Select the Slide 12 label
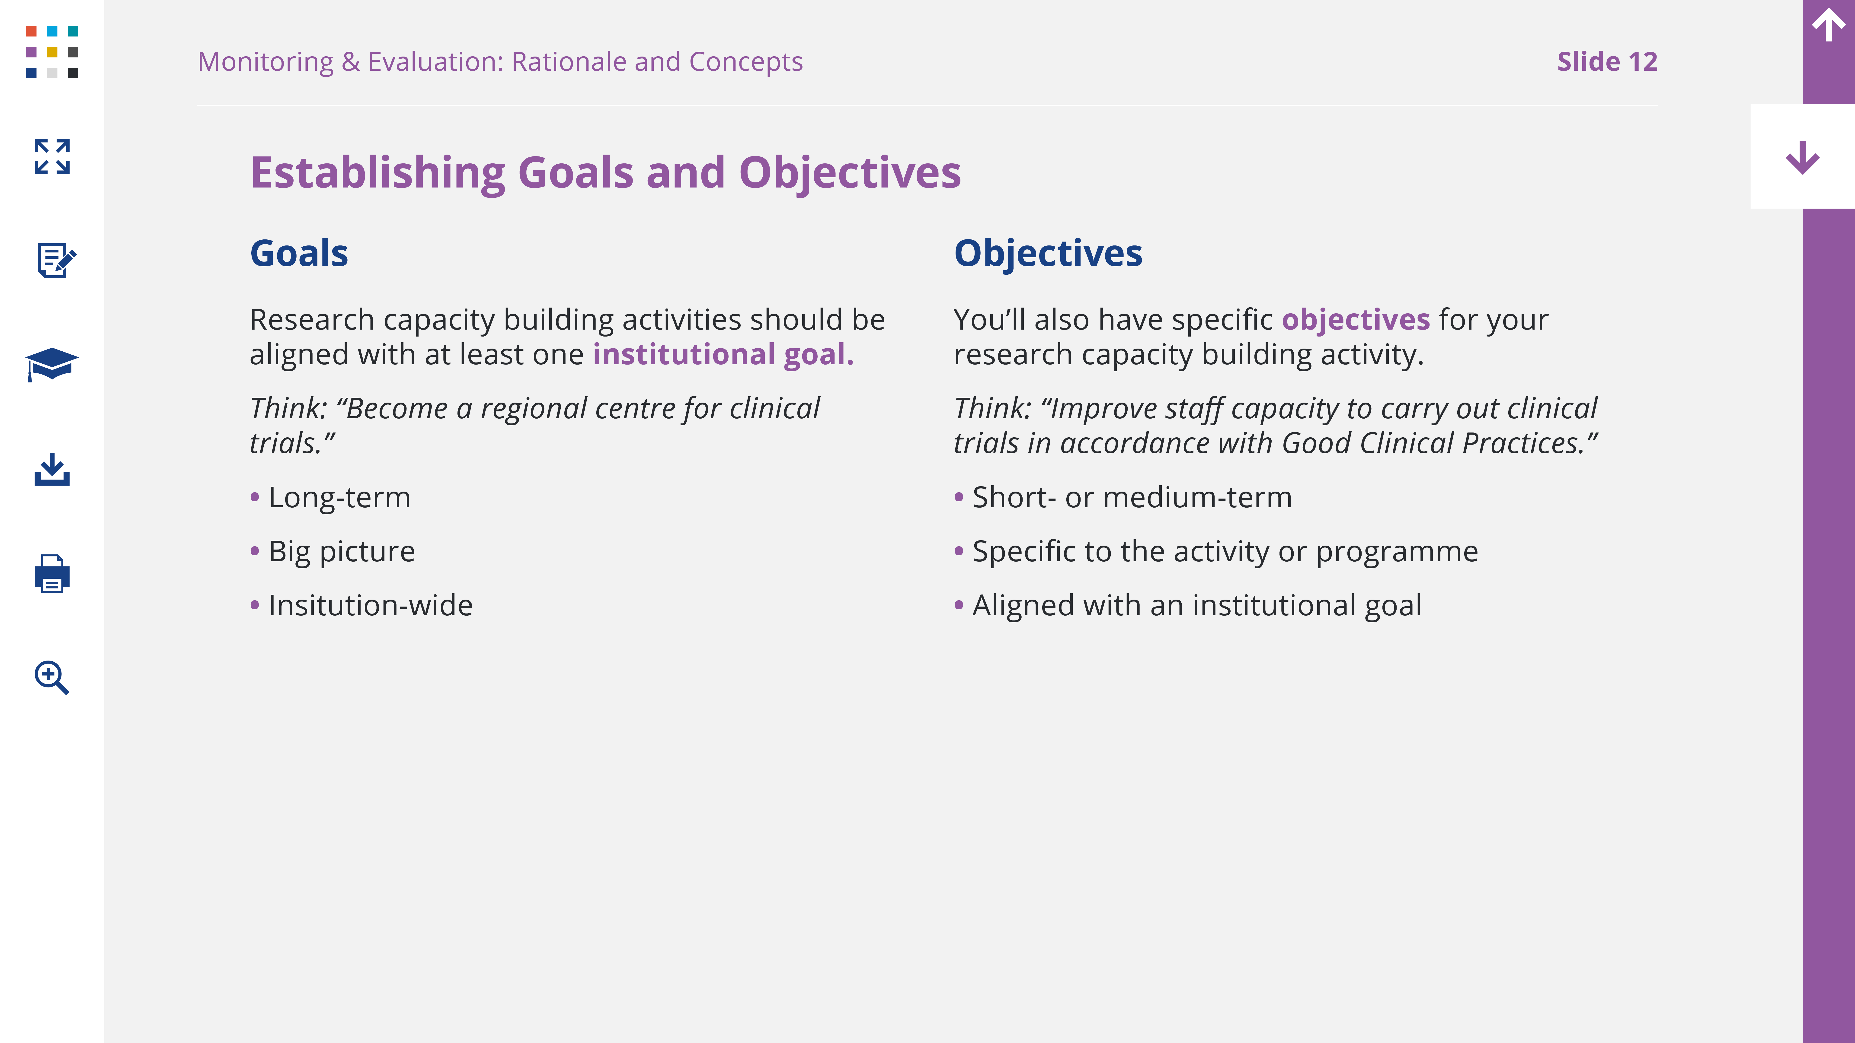(x=1607, y=62)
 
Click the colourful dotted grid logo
(x=52, y=52)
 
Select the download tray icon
(x=52, y=469)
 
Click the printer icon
(x=52, y=574)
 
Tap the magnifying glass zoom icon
(x=52, y=677)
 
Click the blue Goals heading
(x=299, y=253)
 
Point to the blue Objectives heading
(x=1048, y=253)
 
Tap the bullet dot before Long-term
(x=255, y=497)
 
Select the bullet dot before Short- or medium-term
(x=959, y=497)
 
